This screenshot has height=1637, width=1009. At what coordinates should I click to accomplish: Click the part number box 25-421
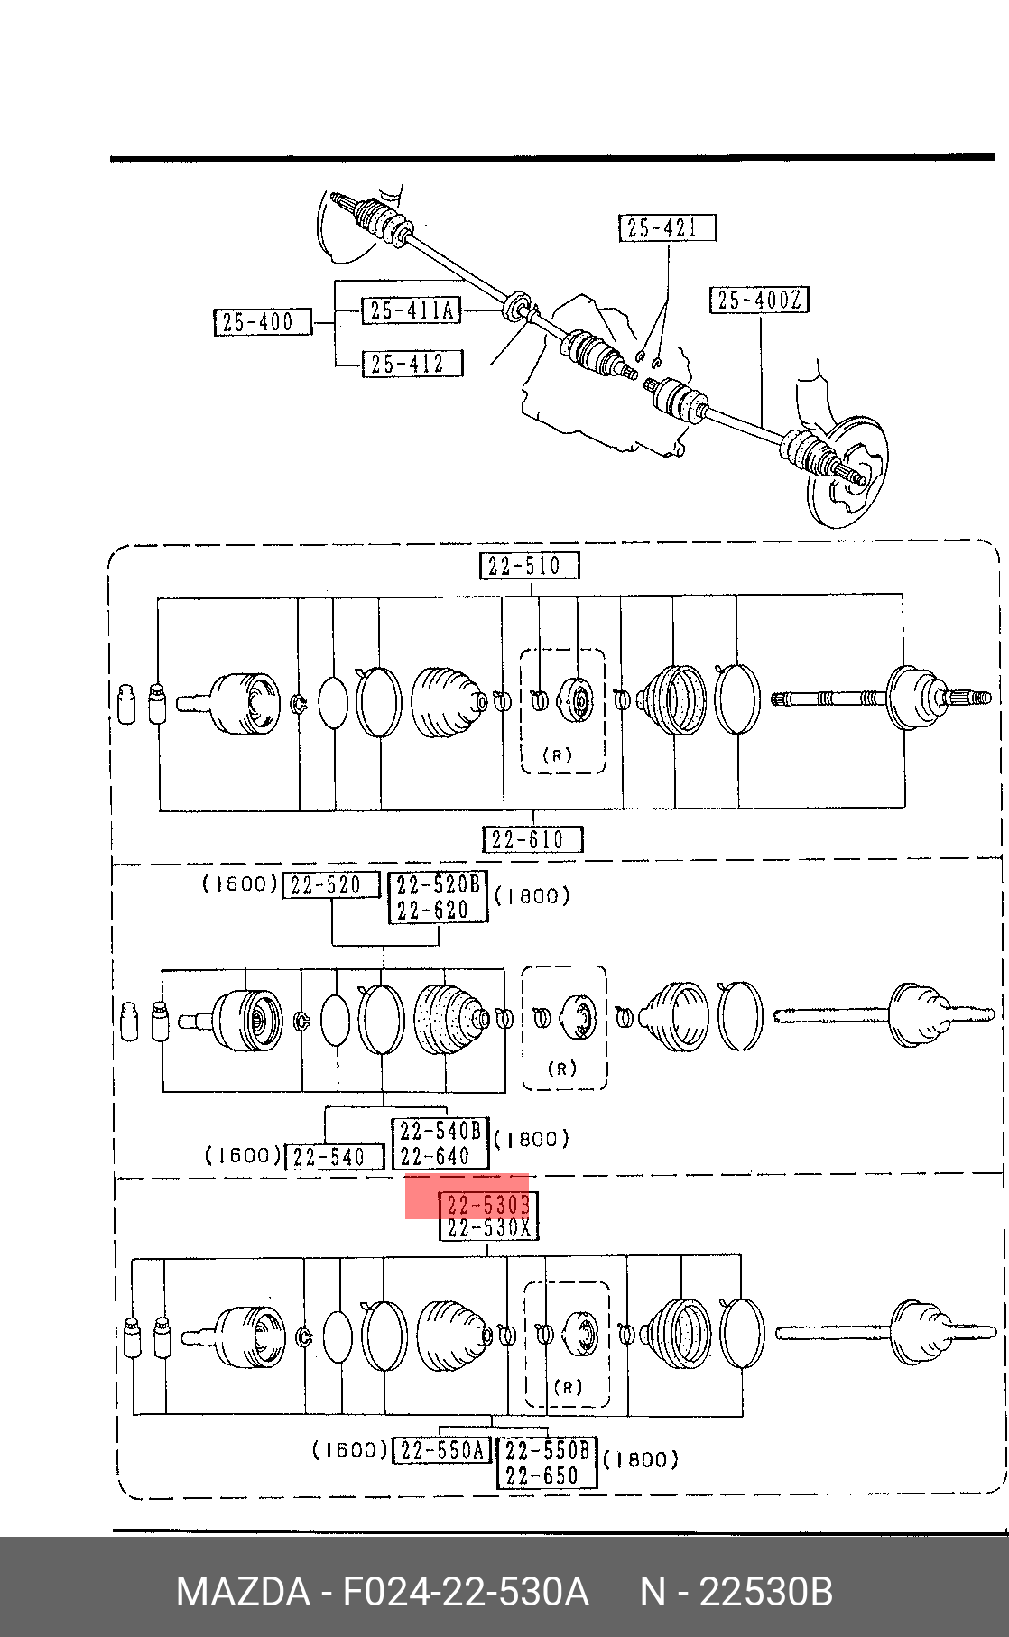(x=668, y=228)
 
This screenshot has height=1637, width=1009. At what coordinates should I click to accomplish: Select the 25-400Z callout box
(x=759, y=300)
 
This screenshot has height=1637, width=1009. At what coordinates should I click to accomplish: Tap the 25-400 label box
(x=263, y=322)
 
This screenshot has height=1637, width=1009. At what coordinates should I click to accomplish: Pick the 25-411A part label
(x=411, y=310)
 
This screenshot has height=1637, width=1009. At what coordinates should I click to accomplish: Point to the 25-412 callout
(x=412, y=364)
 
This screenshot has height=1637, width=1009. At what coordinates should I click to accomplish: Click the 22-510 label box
(x=529, y=566)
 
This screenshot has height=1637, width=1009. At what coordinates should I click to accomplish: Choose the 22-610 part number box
(x=532, y=840)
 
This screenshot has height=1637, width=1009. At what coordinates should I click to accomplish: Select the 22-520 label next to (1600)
(x=331, y=885)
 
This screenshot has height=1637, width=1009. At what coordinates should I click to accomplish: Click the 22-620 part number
(x=434, y=911)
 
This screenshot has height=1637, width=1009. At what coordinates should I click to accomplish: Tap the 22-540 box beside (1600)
(x=334, y=1157)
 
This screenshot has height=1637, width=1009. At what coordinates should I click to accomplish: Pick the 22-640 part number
(x=436, y=1156)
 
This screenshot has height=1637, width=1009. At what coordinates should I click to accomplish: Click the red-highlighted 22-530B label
(x=487, y=1205)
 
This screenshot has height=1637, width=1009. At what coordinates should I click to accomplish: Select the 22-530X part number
(x=488, y=1228)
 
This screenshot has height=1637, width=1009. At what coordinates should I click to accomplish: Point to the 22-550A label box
(x=442, y=1450)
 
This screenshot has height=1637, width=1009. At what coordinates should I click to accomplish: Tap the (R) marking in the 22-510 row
(x=557, y=755)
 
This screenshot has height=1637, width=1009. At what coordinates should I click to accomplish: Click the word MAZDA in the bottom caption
(x=243, y=1592)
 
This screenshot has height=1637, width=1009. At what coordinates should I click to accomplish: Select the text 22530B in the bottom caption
(x=766, y=1592)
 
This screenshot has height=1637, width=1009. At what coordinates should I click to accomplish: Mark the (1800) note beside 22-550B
(x=640, y=1459)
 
